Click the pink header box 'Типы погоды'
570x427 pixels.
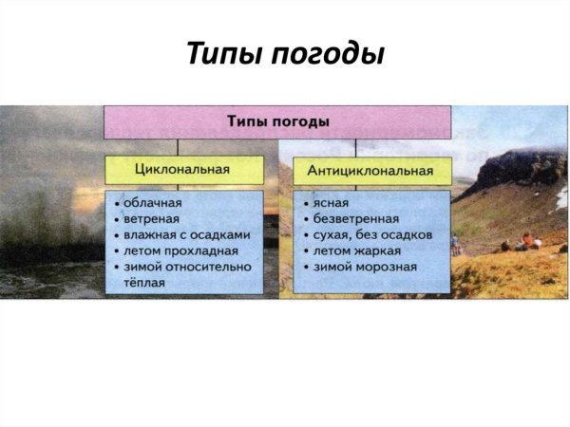click(277, 122)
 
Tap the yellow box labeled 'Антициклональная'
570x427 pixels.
click(370, 171)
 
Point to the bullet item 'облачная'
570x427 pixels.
click(151, 202)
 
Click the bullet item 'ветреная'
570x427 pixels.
click(151, 218)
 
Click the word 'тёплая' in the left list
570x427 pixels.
click(142, 283)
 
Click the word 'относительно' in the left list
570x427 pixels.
click(209, 267)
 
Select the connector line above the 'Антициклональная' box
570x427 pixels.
click(356, 148)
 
